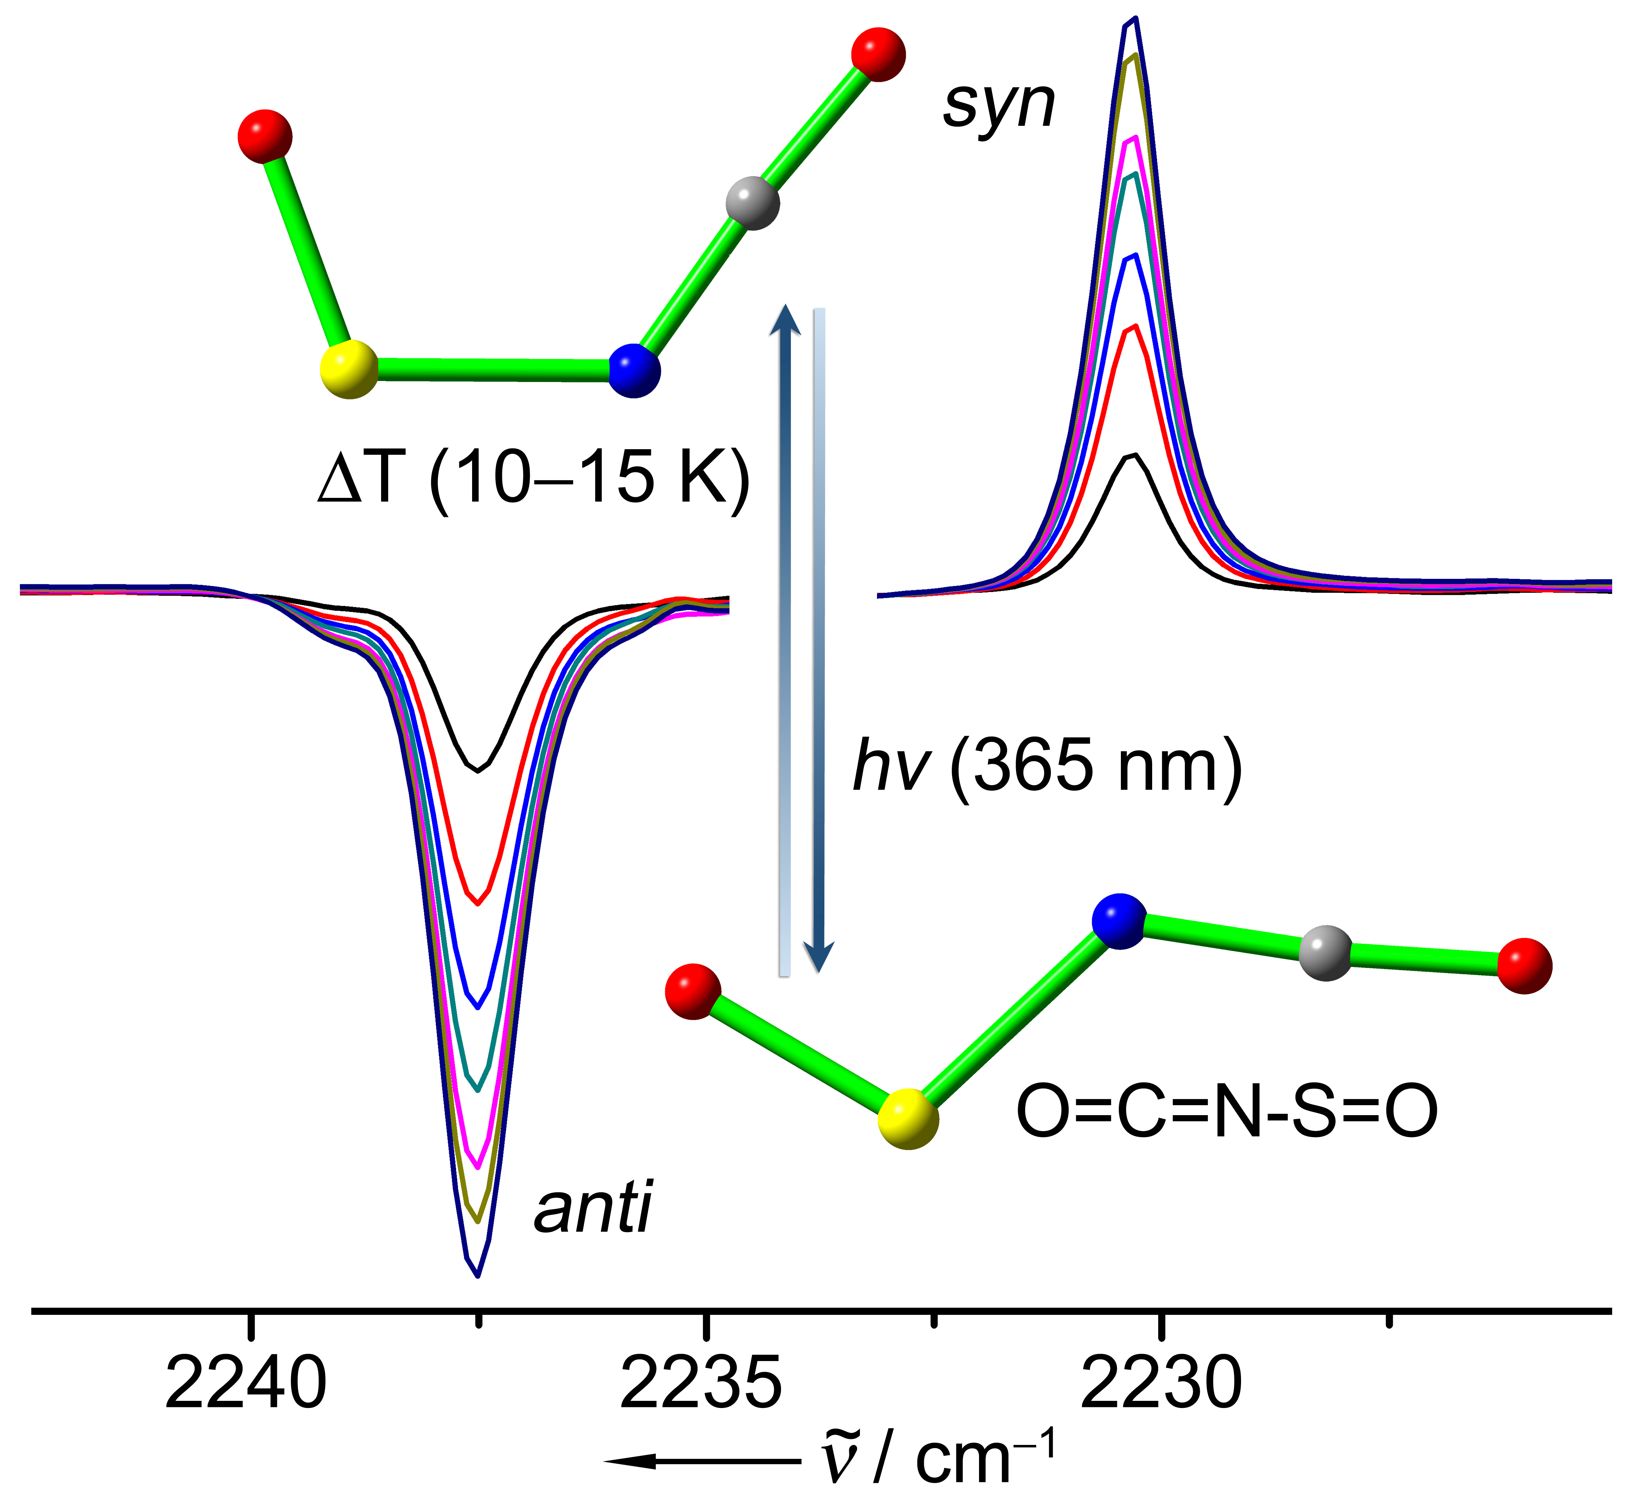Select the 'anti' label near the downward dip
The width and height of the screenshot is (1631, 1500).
tap(593, 1208)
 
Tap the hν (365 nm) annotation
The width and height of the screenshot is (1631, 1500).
tap(1047, 766)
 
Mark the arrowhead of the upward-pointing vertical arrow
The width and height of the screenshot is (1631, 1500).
tap(785, 318)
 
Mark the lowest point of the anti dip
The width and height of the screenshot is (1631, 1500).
tap(478, 1277)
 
